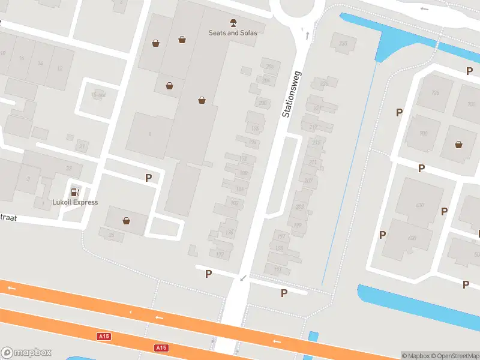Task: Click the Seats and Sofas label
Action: coord(233,33)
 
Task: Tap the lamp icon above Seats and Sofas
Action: coord(233,22)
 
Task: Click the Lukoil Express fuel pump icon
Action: coord(75,192)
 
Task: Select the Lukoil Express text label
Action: coord(75,202)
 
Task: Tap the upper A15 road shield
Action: coord(104,337)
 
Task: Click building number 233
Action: coord(343,43)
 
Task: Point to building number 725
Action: coord(436,92)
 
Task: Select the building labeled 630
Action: coord(419,205)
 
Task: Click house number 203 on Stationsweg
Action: coord(299,206)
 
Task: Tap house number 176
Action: coord(229,233)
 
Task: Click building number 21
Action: coord(82,146)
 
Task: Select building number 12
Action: coord(59,68)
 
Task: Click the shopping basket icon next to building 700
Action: coord(459,144)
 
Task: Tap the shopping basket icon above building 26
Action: coord(126,221)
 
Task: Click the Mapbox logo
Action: coord(26,353)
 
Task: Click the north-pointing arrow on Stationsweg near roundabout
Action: coord(307,35)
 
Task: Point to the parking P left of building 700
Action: coord(399,112)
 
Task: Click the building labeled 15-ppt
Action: coord(98,95)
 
